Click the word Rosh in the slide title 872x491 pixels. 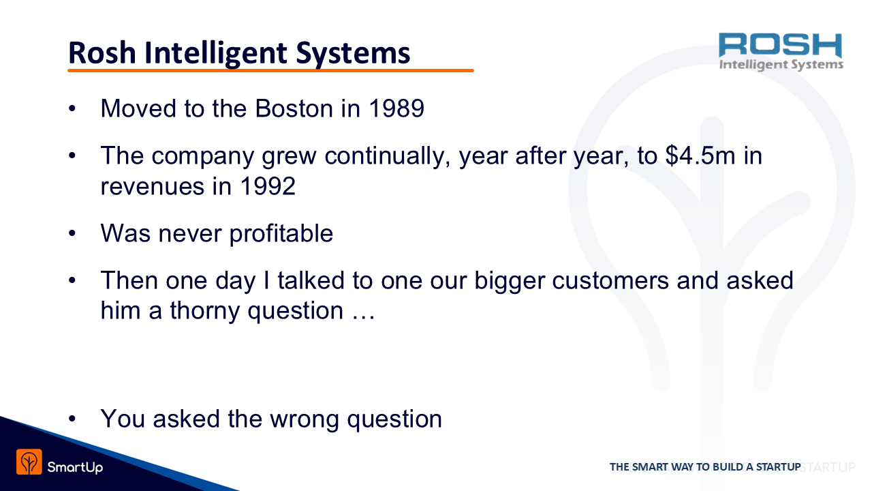coord(102,53)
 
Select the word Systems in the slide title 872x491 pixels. coord(353,54)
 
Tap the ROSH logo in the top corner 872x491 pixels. coord(781,51)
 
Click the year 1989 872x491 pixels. coord(396,108)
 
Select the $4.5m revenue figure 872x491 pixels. coord(700,155)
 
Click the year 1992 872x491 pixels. coord(268,186)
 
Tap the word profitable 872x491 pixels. coord(281,234)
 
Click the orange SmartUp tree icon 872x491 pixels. coord(29,462)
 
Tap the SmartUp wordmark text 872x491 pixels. coord(75,467)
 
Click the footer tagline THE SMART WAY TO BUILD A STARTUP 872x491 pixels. coord(705,466)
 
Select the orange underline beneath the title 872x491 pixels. coord(270,70)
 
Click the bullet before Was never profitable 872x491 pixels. coord(72,233)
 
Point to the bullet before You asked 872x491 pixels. coord(72,419)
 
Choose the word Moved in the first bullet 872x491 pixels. coord(138,108)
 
